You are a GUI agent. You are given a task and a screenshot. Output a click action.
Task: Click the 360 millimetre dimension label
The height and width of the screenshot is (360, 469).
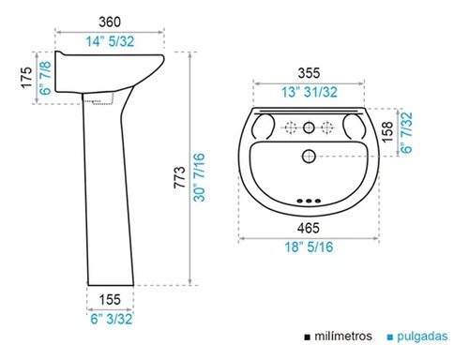click(x=110, y=22)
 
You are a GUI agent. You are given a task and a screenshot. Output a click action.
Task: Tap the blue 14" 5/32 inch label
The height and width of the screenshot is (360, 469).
click(x=110, y=41)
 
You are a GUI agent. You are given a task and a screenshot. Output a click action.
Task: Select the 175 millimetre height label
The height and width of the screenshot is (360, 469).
click(x=26, y=77)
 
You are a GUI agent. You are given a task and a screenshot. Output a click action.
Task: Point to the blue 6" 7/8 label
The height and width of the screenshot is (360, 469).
click(x=46, y=78)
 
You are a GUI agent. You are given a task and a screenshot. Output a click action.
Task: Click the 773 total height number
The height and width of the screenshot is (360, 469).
click(x=180, y=177)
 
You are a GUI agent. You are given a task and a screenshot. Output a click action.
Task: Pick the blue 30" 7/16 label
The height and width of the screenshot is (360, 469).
click(x=199, y=177)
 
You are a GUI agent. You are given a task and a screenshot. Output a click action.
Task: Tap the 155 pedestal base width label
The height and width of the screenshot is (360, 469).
click(x=110, y=300)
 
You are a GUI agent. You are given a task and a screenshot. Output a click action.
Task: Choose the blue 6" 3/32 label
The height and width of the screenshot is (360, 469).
click(x=112, y=319)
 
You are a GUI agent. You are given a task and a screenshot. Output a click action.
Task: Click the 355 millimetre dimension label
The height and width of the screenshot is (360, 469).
click(x=309, y=73)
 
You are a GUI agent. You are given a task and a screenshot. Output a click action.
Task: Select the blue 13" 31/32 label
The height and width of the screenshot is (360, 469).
click(x=310, y=92)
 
